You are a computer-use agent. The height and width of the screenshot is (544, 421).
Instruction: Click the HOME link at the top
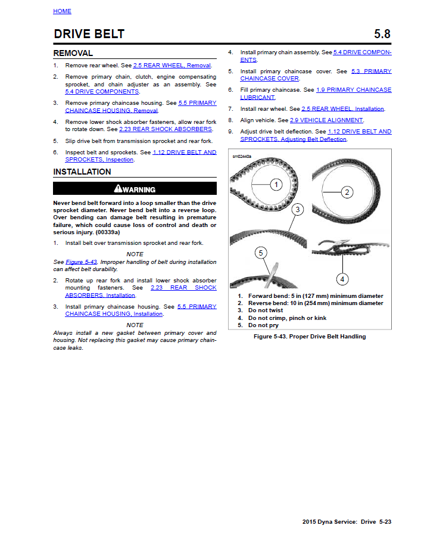click(62, 11)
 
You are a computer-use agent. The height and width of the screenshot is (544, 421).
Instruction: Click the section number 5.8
click(382, 34)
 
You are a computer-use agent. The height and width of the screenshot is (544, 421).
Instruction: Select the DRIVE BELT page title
click(89, 34)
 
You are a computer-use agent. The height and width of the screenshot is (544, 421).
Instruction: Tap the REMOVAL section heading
click(73, 54)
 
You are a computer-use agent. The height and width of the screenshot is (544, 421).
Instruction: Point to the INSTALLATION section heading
click(82, 172)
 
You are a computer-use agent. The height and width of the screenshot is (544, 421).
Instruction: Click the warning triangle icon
click(118, 189)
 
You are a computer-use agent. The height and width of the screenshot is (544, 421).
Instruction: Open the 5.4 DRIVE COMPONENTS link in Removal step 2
click(102, 92)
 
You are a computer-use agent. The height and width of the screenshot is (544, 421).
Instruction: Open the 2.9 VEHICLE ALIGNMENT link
click(326, 120)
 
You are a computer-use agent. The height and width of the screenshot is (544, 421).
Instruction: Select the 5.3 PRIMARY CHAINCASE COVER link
click(316, 75)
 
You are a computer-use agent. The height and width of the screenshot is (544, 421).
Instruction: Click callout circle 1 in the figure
click(276, 184)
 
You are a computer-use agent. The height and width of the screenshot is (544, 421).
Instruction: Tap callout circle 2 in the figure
click(347, 192)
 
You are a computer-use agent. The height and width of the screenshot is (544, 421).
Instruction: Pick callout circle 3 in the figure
click(297, 209)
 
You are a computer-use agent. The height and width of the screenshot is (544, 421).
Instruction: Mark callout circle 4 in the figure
click(342, 278)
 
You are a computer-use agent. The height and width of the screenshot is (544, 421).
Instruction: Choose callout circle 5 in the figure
click(260, 253)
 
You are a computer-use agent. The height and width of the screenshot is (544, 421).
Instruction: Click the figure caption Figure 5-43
click(310, 337)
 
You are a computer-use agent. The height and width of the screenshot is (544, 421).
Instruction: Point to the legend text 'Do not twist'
click(266, 310)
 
